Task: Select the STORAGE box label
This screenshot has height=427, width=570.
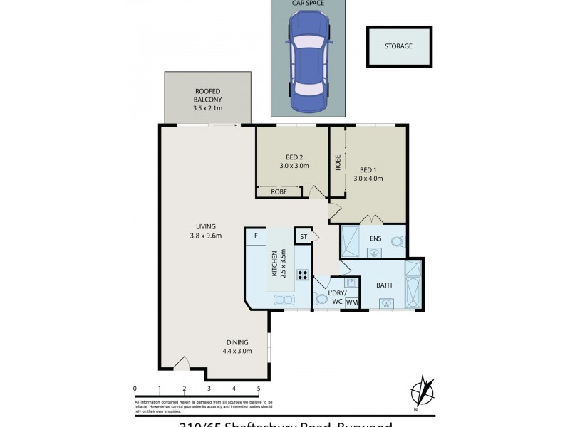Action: (399, 46)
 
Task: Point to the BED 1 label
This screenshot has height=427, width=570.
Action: (368, 174)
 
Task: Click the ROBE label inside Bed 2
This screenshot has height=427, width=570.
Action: (279, 191)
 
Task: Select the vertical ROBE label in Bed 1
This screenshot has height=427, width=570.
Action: (338, 162)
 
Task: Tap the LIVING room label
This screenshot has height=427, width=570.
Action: (207, 231)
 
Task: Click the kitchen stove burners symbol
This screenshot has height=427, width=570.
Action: (302, 275)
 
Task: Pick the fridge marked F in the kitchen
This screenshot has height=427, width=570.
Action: (256, 236)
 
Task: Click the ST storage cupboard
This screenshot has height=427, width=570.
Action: (303, 236)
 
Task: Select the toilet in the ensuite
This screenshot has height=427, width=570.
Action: (397, 241)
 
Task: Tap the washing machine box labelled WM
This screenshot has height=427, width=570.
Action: (351, 303)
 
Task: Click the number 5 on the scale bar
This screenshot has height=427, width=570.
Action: (259, 389)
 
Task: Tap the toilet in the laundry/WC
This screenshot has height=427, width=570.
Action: (320, 299)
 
